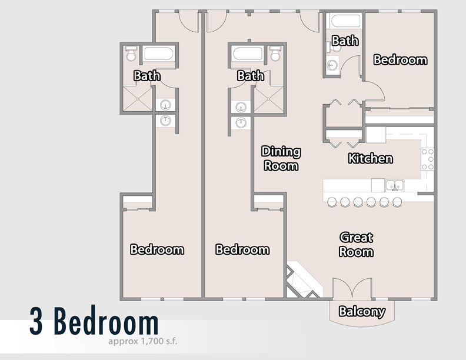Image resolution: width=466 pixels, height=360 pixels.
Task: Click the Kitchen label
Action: (370, 158)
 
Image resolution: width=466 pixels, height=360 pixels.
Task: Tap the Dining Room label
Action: (281, 158)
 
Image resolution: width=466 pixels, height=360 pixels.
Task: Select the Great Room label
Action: (356, 245)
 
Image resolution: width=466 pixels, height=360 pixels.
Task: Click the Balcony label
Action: (362, 311)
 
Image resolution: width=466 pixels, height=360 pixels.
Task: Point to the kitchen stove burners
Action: (428, 159)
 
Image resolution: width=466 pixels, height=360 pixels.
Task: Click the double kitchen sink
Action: (395, 185)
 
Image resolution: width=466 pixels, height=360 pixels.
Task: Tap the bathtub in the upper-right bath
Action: (345, 21)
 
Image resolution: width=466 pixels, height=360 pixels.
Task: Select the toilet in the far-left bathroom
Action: (131, 54)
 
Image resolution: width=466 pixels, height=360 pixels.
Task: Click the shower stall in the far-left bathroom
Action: (138, 99)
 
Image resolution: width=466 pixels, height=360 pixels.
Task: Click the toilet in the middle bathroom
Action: (275, 54)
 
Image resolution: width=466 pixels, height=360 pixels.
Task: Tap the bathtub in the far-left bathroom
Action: (158, 54)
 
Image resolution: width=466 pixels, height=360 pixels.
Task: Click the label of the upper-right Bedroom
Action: (400, 59)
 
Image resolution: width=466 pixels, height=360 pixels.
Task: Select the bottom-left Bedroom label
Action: (157, 249)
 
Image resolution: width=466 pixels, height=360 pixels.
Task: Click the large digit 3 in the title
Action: (36, 321)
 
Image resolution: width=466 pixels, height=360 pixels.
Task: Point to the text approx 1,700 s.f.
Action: (142, 341)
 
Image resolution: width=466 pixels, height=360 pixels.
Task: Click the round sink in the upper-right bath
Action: (332, 65)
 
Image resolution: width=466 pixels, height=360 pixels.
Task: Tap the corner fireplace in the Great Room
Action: (303, 281)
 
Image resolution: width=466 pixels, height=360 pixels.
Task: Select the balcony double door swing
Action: (352, 288)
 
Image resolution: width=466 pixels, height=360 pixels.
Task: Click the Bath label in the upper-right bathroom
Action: (345, 41)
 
